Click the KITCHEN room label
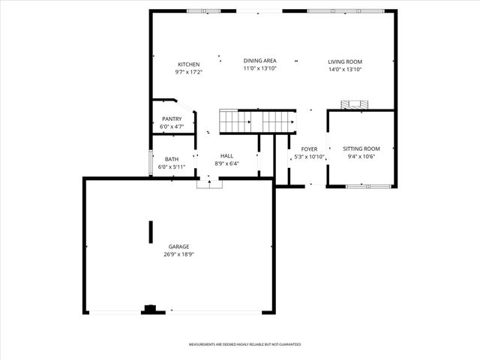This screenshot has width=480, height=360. tap(189, 64)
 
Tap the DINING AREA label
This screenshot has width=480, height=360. tap(259, 61)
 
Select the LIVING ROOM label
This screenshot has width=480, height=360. tap(345, 61)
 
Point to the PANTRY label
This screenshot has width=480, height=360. tap(172, 118)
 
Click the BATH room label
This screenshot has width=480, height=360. tap(172, 159)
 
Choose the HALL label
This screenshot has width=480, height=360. tap(226, 156)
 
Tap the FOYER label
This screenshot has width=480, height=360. tap(309, 149)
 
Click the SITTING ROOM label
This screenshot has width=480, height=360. tap(361, 149)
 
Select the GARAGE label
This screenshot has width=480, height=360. tap(178, 247)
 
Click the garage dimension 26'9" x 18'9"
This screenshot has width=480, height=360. tap(178, 254)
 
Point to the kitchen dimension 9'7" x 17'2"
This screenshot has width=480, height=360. tap(189, 72)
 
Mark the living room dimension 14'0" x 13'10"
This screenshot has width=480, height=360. tap(345, 69)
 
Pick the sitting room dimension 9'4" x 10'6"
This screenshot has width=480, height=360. tap(361, 157)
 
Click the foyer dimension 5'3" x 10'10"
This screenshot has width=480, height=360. tap(309, 157)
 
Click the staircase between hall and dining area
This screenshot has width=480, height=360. tap(254, 121)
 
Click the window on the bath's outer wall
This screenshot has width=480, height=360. tap(151, 163)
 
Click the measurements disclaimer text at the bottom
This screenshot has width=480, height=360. tap(244, 344)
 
